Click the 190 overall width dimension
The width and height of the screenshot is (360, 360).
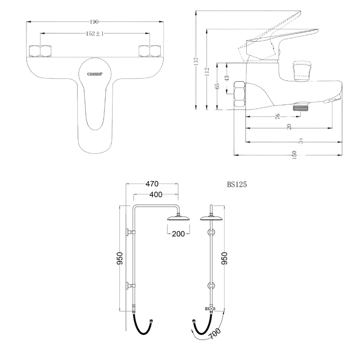click(94, 22)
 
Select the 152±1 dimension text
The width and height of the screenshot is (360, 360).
click(95, 33)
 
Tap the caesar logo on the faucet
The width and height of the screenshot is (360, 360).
click(95, 73)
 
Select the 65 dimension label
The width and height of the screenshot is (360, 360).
click(217, 86)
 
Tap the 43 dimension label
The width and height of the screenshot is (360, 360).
click(227, 78)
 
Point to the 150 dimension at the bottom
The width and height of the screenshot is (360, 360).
click(295, 155)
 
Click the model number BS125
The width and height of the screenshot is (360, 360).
click(237, 184)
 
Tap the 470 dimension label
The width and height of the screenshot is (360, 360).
click(152, 184)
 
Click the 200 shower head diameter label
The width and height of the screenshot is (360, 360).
click(178, 234)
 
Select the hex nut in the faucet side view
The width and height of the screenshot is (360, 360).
click(240, 94)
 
